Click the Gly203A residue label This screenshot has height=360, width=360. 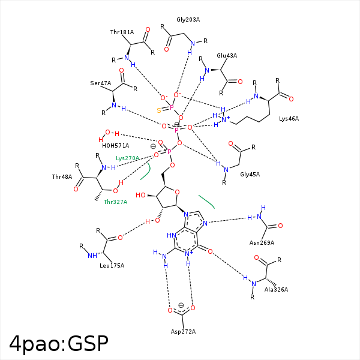pos(188,20)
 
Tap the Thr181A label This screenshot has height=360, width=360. pos(122,32)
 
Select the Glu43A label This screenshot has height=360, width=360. pos(227,55)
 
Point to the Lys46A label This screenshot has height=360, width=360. pos(289,119)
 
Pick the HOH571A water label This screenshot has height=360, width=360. pos(115,145)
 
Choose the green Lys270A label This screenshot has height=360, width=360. pos(127,158)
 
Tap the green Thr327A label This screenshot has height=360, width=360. pos(115,202)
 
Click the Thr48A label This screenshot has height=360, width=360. pos(62,177)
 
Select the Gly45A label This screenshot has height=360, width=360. pos(250,174)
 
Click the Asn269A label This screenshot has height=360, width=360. pos(262,242)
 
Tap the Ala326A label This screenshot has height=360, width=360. pos(276,289)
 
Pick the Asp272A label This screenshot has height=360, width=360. pos(184,332)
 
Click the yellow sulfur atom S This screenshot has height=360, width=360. pos(158,110)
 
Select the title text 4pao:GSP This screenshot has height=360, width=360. pos(59,343)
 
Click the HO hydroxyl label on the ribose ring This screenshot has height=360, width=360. pos(142,195)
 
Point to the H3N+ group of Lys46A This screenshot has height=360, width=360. pos(223,119)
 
